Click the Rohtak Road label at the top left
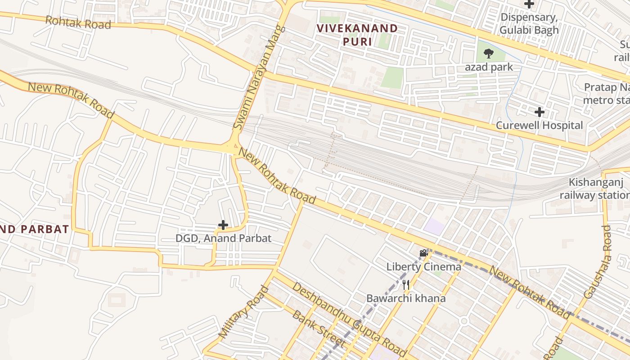(x=78, y=22)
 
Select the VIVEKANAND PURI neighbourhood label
(x=357, y=35)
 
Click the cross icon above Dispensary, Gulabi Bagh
(x=529, y=4)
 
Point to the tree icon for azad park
(x=488, y=54)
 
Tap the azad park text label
(x=489, y=67)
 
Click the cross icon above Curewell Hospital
(x=539, y=112)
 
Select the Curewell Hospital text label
(x=539, y=125)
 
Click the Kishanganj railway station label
(x=594, y=189)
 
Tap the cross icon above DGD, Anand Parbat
(x=223, y=225)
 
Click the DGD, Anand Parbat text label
(x=223, y=238)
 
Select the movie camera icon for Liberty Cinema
(x=423, y=253)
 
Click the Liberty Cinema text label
(x=423, y=267)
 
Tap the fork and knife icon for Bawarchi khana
(x=406, y=284)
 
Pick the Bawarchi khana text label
(x=406, y=298)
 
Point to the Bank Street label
(x=319, y=328)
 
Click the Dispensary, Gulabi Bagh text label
(x=529, y=24)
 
